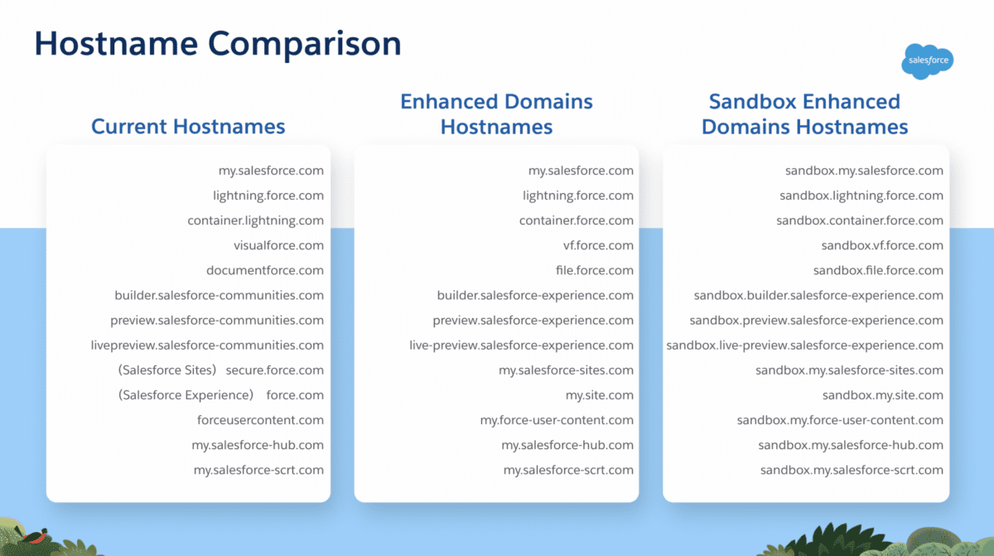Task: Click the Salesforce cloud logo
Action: [x=928, y=61]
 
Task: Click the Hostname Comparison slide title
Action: [x=218, y=44]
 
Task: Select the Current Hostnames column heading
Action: [x=188, y=127]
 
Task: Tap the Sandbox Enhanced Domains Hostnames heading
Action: [x=804, y=114]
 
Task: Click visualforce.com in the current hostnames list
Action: [x=278, y=245]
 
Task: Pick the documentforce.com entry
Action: [x=265, y=270]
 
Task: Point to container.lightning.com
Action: [x=256, y=220]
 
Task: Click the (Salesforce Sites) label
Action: [x=166, y=370]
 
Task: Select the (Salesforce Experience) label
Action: [x=186, y=395]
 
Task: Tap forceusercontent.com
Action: [x=260, y=420]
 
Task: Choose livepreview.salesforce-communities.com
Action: [x=207, y=346]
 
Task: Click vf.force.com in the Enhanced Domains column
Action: [x=598, y=245]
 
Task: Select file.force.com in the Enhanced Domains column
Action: [x=595, y=270]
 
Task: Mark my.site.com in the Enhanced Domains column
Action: [x=600, y=395]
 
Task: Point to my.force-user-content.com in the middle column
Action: [x=557, y=420]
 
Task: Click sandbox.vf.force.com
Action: [x=882, y=245]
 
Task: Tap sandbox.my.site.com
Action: [x=883, y=395]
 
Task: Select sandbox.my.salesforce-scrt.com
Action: [x=852, y=470]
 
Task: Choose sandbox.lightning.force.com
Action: [x=861, y=196]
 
